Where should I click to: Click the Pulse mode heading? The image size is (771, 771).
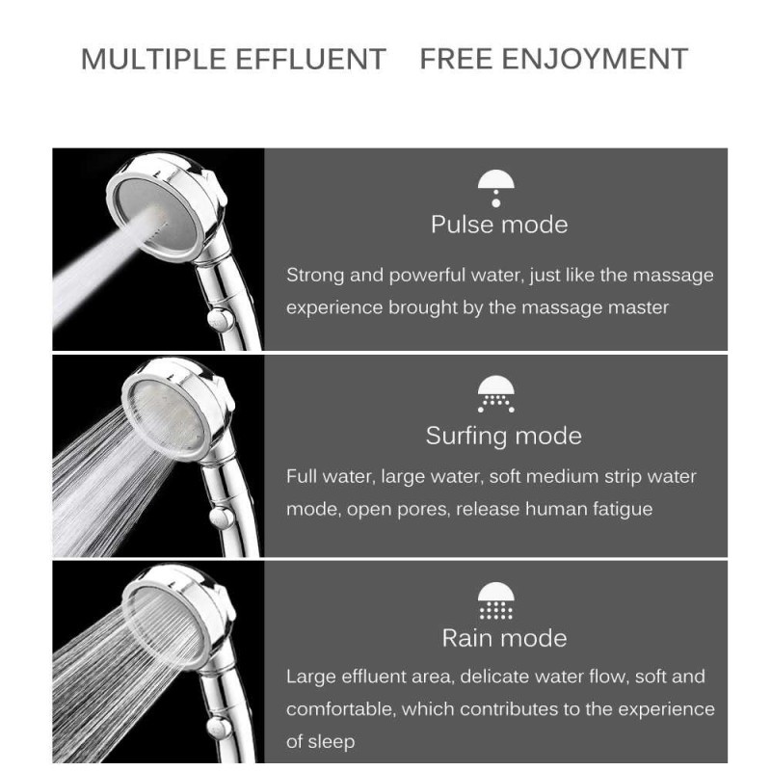(498, 225)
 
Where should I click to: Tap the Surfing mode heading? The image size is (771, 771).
(503, 436)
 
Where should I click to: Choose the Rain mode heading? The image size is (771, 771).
(503, 638)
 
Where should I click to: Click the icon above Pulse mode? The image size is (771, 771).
(496, 187)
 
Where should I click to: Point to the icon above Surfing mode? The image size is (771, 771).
(496, 395)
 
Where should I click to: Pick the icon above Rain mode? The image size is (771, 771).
(496, 600)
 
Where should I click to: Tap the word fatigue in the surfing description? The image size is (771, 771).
(618, 509)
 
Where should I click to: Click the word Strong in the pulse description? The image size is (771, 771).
(315, 275)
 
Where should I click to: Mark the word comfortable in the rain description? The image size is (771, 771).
(338, 709)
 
